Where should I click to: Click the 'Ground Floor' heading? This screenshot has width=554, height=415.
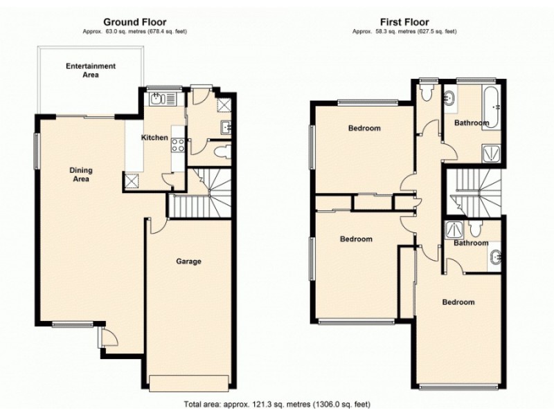134,22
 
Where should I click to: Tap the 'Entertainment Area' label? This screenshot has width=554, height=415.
91,71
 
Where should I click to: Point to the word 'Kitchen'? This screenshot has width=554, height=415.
154,138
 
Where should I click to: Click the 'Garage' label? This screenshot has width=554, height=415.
188,261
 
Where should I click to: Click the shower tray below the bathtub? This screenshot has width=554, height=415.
493,152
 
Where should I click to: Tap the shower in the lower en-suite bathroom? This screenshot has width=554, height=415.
454,230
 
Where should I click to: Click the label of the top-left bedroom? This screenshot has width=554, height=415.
364,129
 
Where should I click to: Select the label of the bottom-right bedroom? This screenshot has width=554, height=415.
458,302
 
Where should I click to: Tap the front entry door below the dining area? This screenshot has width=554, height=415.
108,339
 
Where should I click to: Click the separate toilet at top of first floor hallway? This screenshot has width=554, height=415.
427,96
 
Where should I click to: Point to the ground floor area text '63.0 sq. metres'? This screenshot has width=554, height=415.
134,32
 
